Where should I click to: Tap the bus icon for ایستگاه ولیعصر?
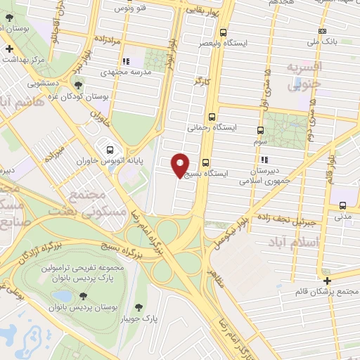click(x=224, y=32)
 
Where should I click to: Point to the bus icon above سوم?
click(x=261, y=130)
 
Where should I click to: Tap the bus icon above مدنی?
click(x=342, y=205)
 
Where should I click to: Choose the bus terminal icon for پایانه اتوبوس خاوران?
click(x=110, y=149)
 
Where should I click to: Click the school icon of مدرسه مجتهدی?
click(x=127, y=62)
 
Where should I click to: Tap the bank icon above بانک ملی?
click(x=322, y=31)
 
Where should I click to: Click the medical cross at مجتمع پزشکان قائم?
click(x=327, y=280)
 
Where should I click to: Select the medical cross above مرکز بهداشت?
click(x=8, y=49)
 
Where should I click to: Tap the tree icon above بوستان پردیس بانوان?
click(x=84, y=296)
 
